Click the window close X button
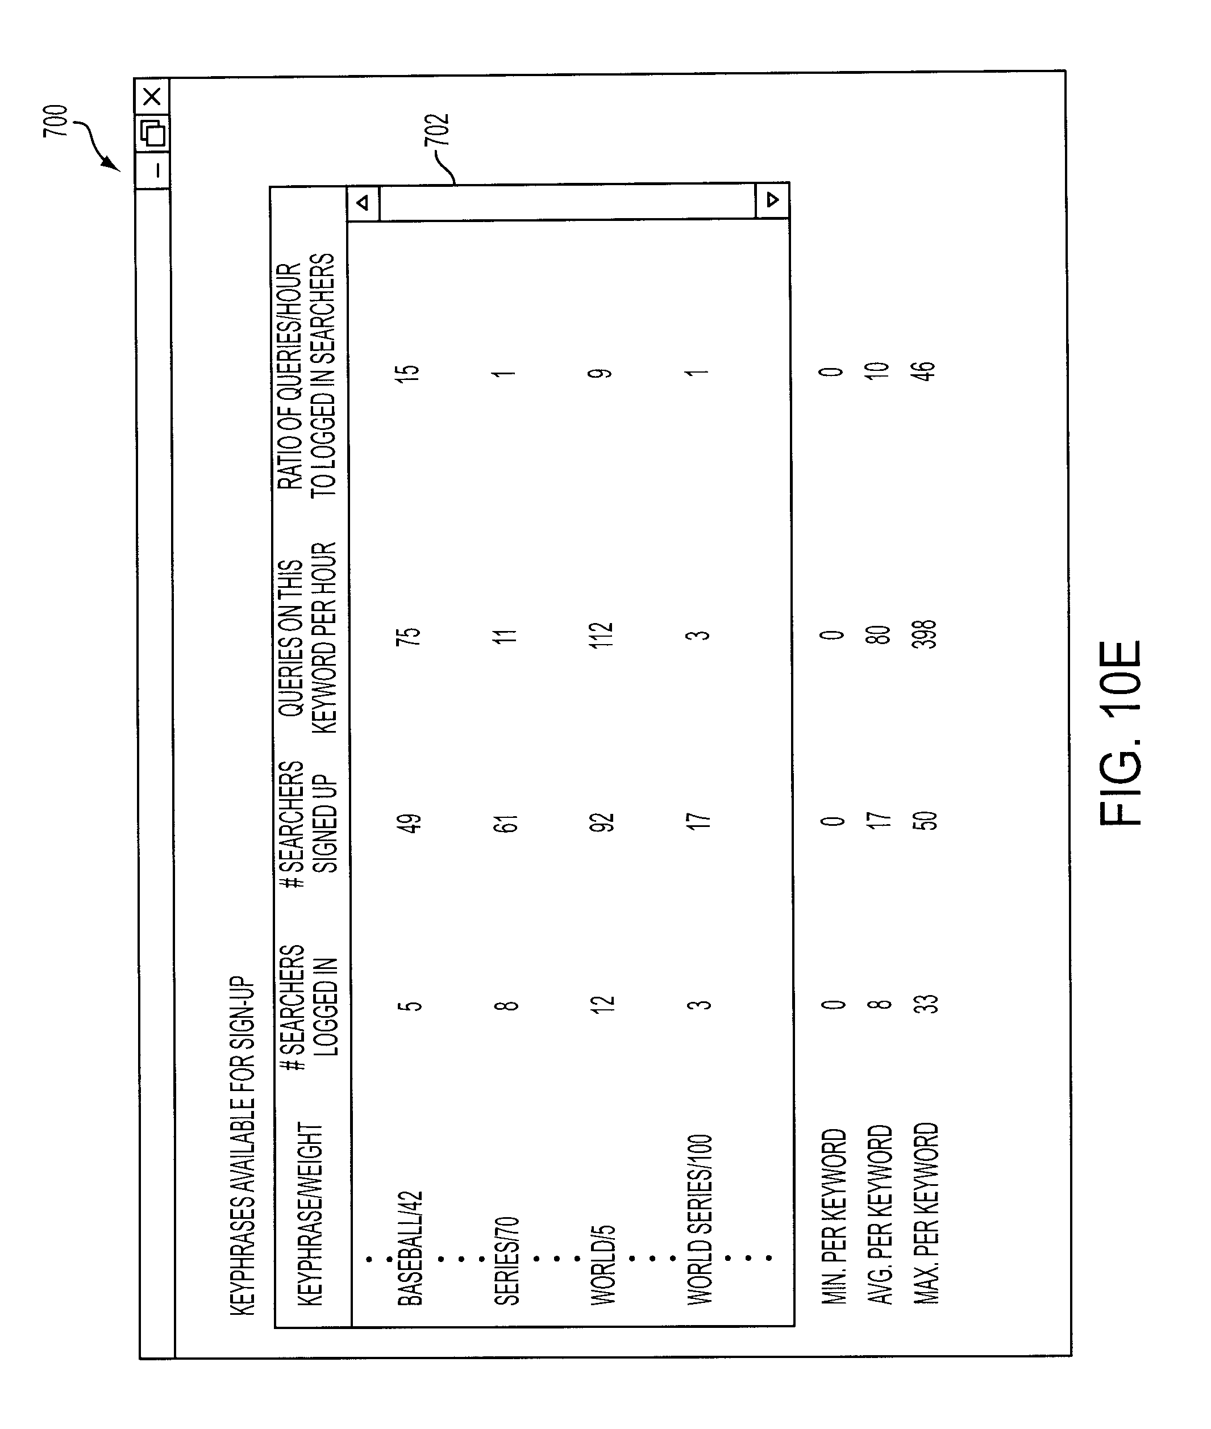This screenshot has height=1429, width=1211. (152, 96)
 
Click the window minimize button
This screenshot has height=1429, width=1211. (155, 169)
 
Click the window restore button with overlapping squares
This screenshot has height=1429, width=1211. (153, 132)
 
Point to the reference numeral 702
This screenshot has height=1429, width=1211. (438, 129)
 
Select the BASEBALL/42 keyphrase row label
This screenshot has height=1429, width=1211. (410, 1248)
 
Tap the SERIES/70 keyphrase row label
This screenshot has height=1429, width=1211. (507, 1260)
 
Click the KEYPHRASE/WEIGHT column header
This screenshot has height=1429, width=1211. (310, 1214)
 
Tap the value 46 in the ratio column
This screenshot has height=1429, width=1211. (925, 370)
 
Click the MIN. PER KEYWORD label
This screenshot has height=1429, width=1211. (834, 1215)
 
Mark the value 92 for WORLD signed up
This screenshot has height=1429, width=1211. (601, 821)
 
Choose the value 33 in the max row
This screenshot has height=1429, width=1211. (926, 1004)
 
